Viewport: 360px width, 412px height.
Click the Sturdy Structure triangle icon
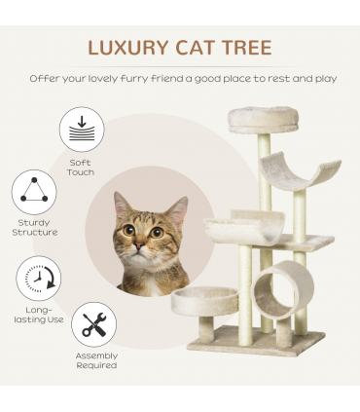pyautogui.click(x=34, y=192)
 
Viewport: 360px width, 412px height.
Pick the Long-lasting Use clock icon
pyautogui.click(x=39, y=279)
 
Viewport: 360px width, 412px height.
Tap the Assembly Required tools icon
pyautogui.click(x=94, y=324)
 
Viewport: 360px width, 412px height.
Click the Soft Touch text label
pyautogui.click(x=82, y=168)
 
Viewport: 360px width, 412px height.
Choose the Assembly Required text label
pyautogui.click(x=96, y=360)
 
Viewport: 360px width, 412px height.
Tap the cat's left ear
pyautogui.click(x=122, y=206)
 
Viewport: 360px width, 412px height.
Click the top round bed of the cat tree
pyautogui.click(x=264, y=120)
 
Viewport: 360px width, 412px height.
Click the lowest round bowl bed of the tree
pyautogui.click(x=204, y=300)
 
